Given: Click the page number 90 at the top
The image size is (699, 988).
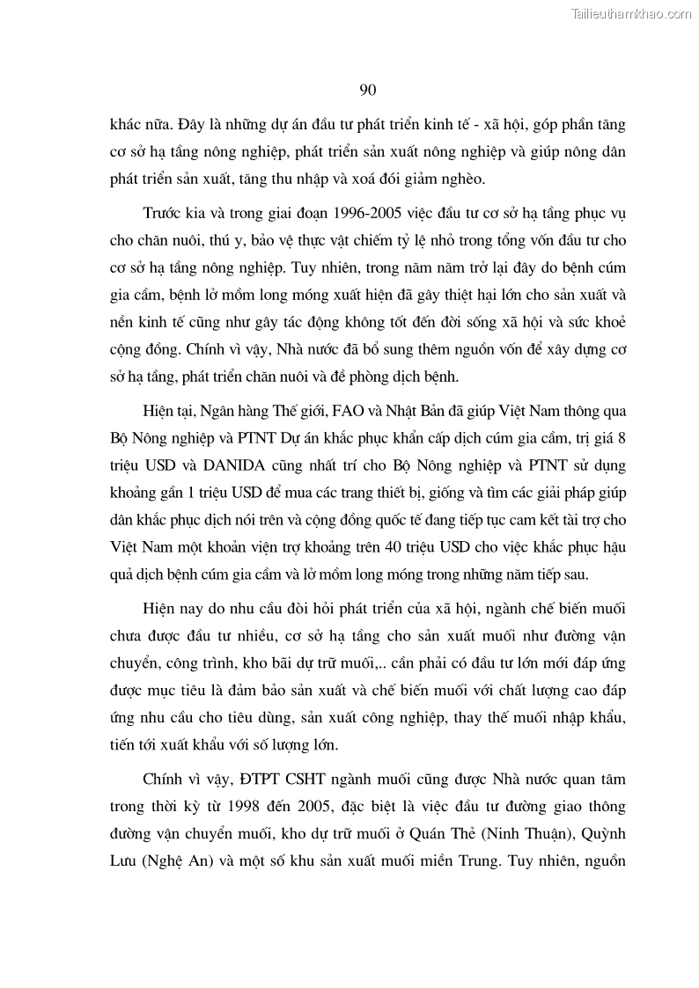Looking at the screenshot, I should tap(368, 90).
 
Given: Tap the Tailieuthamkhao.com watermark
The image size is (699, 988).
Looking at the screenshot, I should tap(632, 13).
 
